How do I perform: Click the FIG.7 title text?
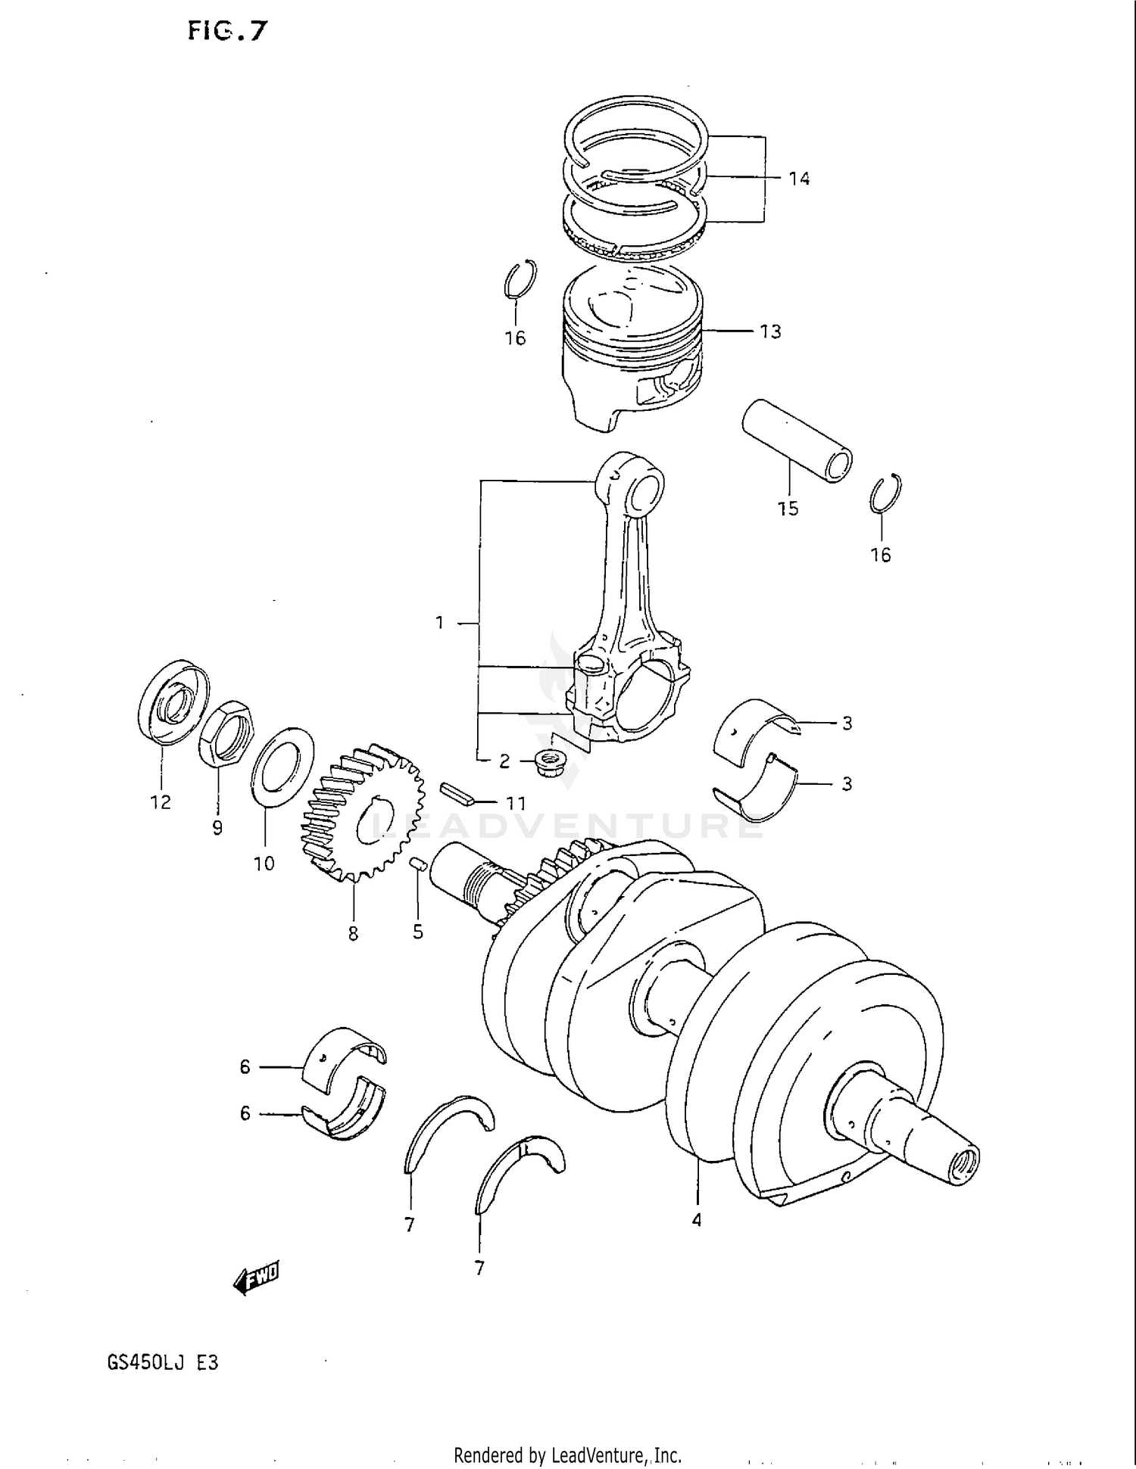pos(228,31)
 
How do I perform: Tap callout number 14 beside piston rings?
pos(799,179)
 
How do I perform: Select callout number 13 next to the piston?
pos(770,331)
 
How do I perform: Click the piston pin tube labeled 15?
pos(795,441)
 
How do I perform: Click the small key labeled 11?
pos(457,792)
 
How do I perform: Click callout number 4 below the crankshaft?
pos(696,1220)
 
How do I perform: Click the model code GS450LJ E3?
pos(163,1362)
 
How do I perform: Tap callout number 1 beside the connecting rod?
pos(439,622)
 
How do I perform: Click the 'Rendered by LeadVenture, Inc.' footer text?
pos(567,1455)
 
